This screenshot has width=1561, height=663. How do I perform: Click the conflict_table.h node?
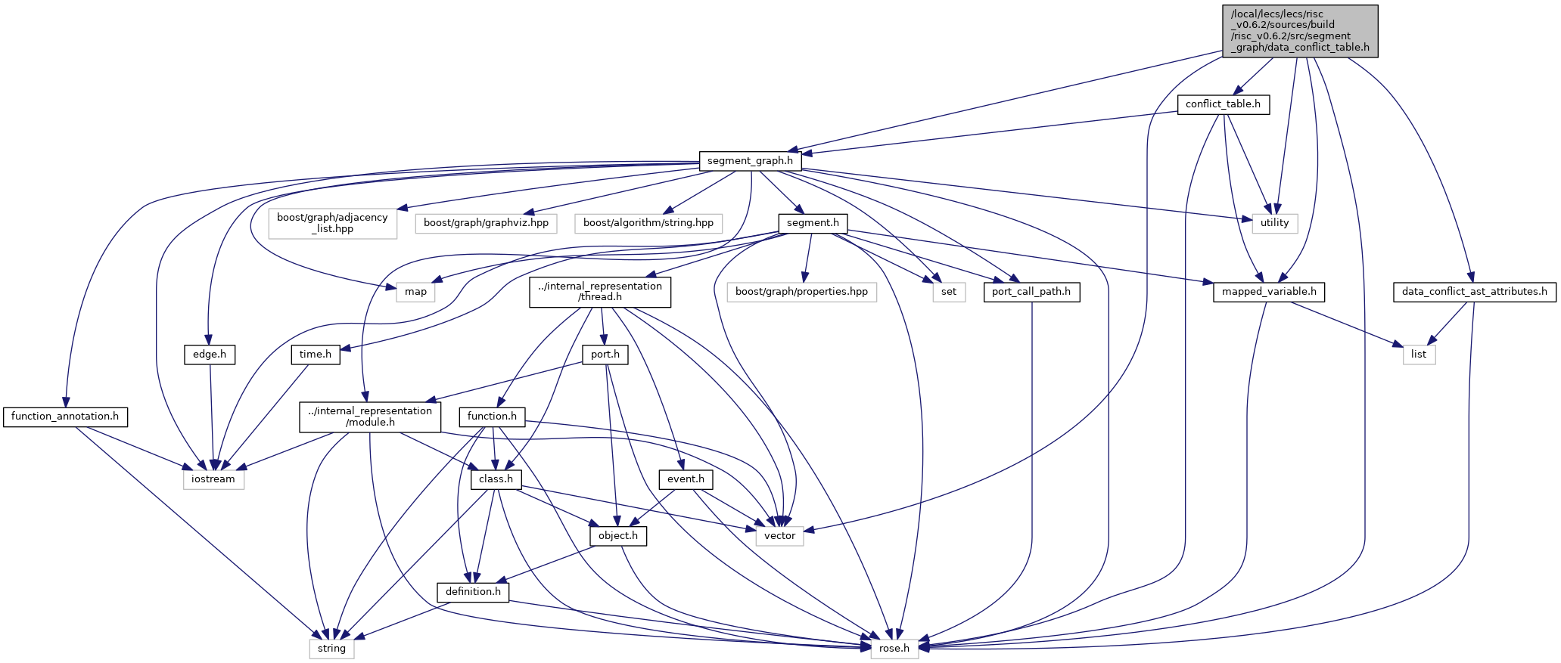1223,104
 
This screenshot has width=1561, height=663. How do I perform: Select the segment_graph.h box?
750,161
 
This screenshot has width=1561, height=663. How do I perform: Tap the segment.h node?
813,223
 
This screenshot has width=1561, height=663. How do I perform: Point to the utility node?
1274,223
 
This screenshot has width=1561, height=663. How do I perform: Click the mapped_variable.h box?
1269,292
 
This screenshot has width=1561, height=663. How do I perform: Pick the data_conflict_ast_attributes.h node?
1474,292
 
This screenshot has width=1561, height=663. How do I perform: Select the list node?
1419,354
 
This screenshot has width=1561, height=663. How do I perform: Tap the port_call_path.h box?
1031,292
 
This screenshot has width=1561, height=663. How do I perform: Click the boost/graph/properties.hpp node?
801,292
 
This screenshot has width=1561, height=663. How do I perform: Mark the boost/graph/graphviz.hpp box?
486,223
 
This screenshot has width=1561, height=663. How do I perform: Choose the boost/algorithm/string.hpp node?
648,223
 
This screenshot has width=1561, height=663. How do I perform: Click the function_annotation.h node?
65,417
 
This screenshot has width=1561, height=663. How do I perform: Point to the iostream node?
213,479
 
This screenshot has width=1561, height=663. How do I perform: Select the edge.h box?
210,354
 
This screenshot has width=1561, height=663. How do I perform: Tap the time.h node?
316,354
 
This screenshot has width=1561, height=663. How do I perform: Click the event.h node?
686,479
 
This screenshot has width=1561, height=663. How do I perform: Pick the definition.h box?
473,592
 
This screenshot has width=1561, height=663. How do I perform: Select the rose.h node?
894,649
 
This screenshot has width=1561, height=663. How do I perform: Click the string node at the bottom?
331,649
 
